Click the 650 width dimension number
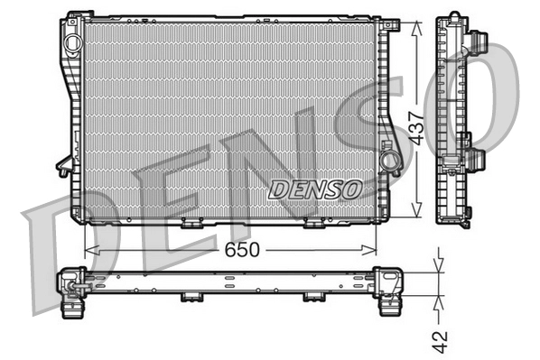pyautogui.click(x=240, y=248)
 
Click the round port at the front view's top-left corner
pyautogui.click(x=70, y=26)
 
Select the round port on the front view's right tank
pyautogui.click(x=390, y=161)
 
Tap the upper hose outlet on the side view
pyautogui.click(x=479, y=43)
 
